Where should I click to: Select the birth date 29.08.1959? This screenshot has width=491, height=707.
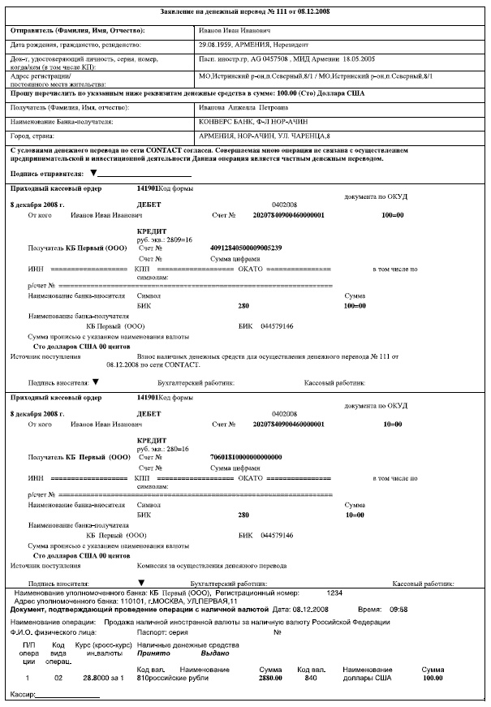[217, 45]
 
